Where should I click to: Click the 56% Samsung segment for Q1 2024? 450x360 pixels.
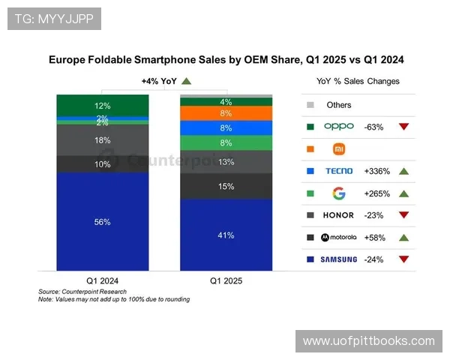coord(103,221)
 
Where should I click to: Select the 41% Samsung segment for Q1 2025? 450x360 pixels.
coord(226,235)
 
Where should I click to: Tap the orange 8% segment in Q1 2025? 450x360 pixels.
coord(226,113)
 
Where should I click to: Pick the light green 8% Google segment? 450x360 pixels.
coord(226,142)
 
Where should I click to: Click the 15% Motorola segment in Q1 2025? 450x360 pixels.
coord(226,186)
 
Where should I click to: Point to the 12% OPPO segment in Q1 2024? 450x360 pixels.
coord(103,106)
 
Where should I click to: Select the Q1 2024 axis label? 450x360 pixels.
coord(103,280)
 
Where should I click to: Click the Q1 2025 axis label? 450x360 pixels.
coord(226,280)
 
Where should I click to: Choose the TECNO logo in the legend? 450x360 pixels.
coord(338,171)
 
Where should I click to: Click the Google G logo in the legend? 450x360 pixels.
coord(338,193)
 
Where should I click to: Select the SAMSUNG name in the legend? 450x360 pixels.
coord(338,259)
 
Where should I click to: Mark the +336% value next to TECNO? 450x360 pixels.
coord(376,171)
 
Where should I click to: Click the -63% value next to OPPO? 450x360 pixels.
coord(374,127)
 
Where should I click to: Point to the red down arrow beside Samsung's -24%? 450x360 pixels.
coord(403,259)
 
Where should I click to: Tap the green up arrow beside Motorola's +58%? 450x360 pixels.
coord(403,238)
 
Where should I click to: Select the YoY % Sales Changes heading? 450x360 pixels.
coord(358,81)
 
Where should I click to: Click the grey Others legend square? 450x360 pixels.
coord(310,105)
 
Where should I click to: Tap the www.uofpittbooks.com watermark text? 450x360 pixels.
coord(368,341)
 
